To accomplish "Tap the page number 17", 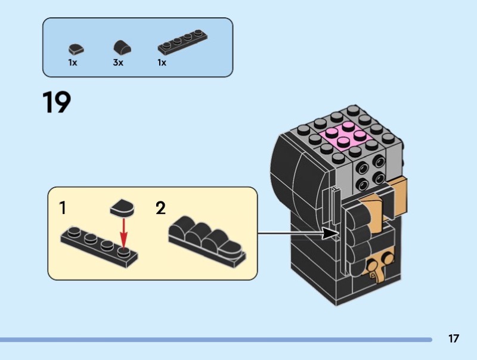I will pyautogui.click(x=454, y=339).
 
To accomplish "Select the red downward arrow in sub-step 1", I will pyautogui.click(x=123, y=233).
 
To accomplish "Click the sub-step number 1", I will pyautogui.click(x=63, y=209).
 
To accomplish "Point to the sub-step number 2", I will pyautogui.click(x=160, y=209).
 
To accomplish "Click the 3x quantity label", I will pyautogui.click(x=118, y=63).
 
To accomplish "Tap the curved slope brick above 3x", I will pyautogui.click(x=120, y=48).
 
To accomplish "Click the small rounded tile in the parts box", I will pyautogui.click(x=75, y=49).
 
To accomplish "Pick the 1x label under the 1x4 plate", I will pyautogui.click(x=162, y=63).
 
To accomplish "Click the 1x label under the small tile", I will pyautogui.click(x=72, y=63).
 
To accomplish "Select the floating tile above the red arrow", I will pyautogui.click(x=123, y=209).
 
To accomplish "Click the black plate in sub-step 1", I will pyautogui.click(x=99, y=246).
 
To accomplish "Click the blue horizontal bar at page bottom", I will pyautogui.click(x=215, y=340).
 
